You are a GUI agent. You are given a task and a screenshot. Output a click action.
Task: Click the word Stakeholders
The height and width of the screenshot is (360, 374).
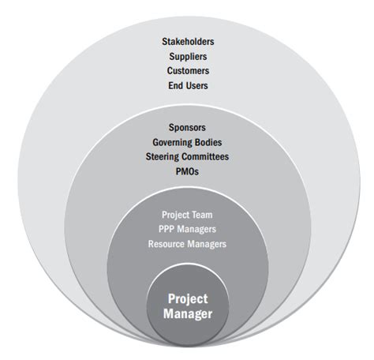(x=188, y=42)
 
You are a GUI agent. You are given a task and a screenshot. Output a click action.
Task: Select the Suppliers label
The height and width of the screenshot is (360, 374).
(x=188, y=57)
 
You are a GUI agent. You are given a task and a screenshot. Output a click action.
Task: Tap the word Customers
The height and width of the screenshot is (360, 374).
(x=188, y=71)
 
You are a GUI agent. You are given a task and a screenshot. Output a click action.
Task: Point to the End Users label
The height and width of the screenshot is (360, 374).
(x=188, y=85)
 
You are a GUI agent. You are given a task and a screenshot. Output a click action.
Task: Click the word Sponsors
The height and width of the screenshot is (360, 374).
(x=187, y=128)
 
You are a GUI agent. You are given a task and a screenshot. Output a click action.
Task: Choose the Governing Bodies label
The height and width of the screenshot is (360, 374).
(x=187, y=142)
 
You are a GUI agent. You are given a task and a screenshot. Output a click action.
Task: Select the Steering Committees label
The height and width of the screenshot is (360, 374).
(x=187, y=157)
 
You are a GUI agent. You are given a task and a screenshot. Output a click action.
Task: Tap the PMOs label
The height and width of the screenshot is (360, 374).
(x=187, y=171)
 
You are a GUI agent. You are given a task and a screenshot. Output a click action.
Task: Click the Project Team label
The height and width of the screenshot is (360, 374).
(x=187, y=215)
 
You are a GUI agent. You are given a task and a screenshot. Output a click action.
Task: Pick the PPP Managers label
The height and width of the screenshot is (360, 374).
(x=187, y=229)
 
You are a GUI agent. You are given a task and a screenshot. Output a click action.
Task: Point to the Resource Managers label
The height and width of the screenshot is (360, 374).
(x=187, y=244)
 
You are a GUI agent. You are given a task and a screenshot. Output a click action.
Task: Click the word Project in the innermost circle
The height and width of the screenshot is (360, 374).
(x=188, y=299)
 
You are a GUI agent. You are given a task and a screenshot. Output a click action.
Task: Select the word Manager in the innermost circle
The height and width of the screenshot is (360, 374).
(x=188, y=314)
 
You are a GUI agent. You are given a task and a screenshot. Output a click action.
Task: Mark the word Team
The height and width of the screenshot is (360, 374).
(x=202, y=215)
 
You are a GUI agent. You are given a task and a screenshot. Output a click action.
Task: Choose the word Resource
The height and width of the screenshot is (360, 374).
(x=166, y=244)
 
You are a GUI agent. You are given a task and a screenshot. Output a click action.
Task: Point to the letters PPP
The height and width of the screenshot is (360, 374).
(x=166, y=229)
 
